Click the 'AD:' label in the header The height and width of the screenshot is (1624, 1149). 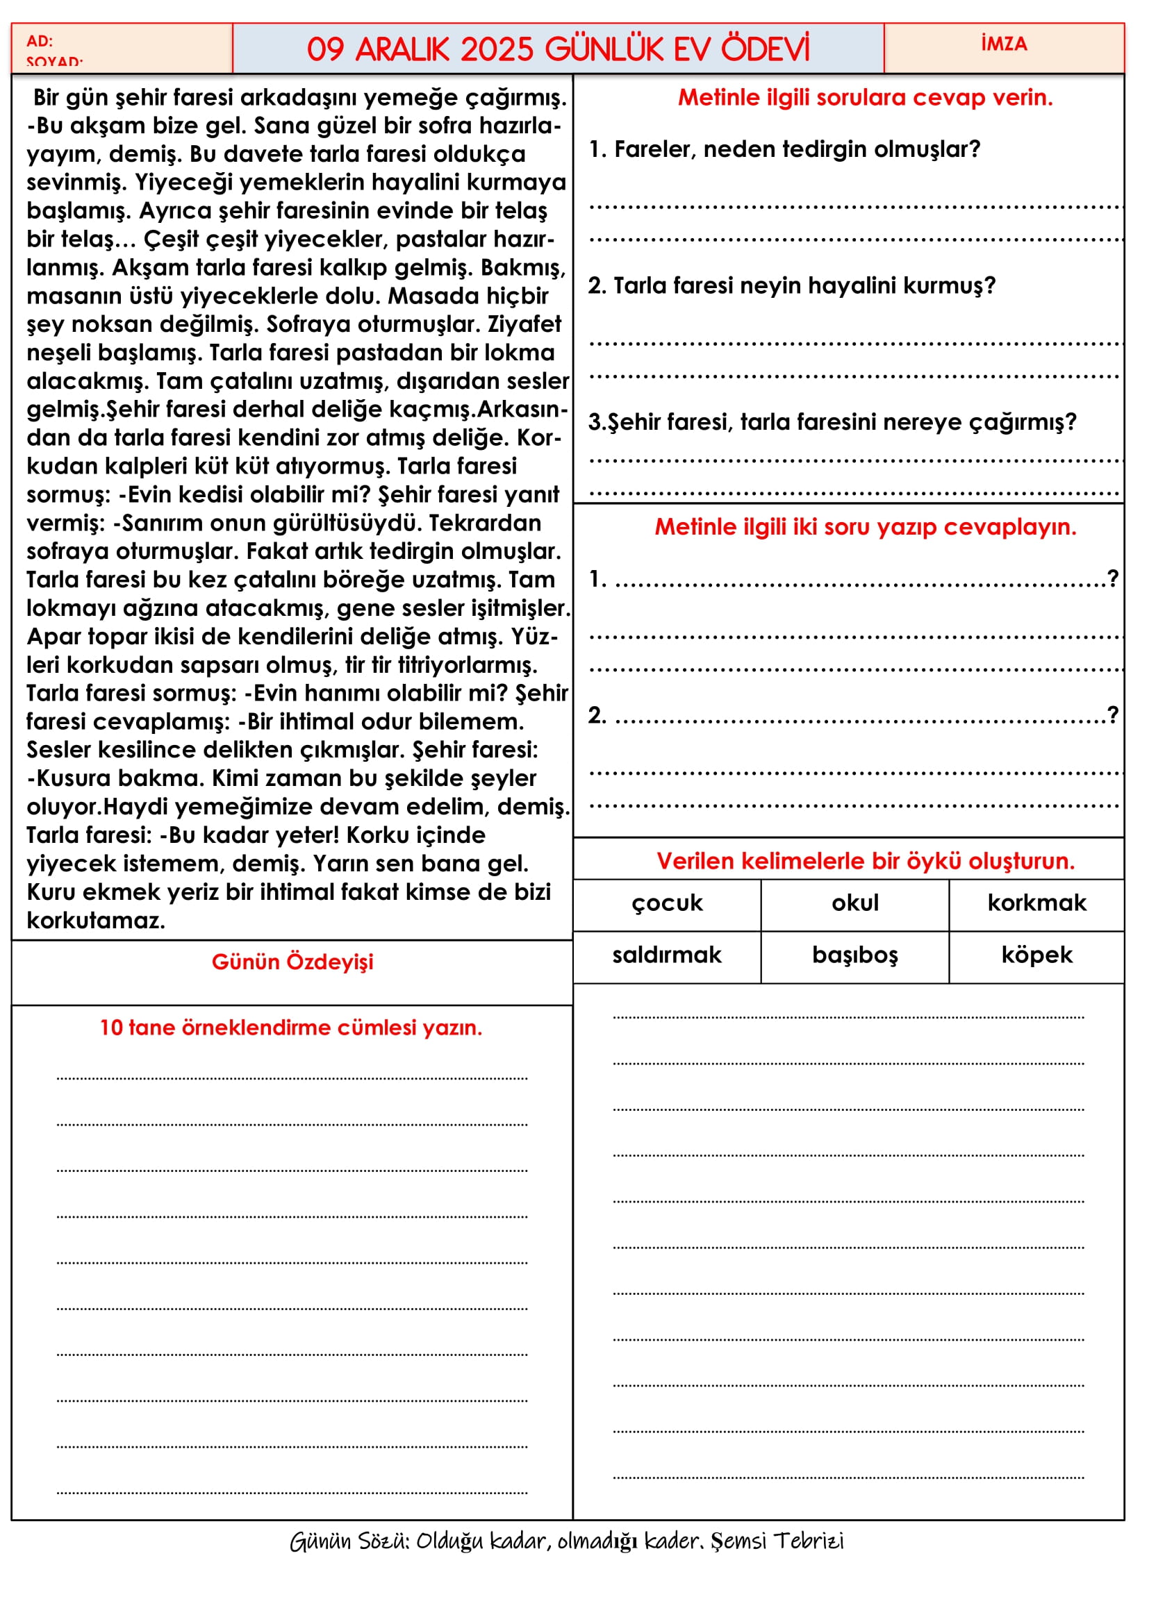(x=40, y=41)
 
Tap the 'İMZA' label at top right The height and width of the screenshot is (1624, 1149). (x=1004, y=44)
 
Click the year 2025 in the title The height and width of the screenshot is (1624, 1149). (x=497, y=49)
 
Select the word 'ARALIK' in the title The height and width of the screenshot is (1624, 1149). (x=402, y=49)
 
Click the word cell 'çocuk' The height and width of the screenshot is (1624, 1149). (x=666, y=903)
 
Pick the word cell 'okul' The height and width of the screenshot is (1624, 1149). (x=854, y=903)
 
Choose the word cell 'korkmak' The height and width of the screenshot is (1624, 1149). (x=1036, y=903)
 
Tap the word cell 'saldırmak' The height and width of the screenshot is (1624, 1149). (x=666, y=955)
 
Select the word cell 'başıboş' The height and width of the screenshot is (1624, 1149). (x=854, y=955)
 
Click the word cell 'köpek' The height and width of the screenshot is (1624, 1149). (x=1036, y=955)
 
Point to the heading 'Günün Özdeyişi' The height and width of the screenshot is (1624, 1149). (x=292, y=962)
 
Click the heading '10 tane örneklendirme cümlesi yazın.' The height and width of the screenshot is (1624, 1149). (x=291, y=1028)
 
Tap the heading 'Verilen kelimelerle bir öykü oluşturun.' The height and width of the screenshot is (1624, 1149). (x=866, y=861)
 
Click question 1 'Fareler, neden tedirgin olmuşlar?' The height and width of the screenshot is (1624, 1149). (x=786, y=149)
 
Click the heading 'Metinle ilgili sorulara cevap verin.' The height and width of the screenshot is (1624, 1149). (x=866, y=98)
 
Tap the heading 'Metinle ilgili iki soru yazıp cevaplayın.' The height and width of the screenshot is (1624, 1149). (x=866, y=527)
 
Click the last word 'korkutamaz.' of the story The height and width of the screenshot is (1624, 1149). (x=97, y=921)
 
